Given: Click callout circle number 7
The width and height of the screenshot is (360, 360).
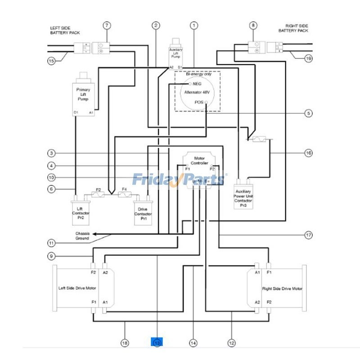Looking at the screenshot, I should point(107,25).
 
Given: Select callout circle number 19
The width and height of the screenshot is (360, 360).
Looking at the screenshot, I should point(308,58).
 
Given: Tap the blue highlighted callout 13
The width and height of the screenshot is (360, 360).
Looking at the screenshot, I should point(157,342).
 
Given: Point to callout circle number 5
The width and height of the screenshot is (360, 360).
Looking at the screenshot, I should point(308,113).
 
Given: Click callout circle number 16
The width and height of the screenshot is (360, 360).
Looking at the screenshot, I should point(308,153).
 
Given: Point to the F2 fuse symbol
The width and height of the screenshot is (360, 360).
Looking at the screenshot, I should point(99,194).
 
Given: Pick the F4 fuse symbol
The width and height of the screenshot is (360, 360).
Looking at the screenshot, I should point(124,194).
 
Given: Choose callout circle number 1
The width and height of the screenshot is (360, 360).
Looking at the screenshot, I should point(194,25).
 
